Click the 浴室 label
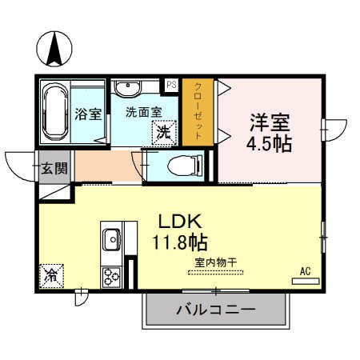[89, 113]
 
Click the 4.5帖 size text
[267, 145]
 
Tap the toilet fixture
[179, 166]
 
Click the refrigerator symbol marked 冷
[50, 275]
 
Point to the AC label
[305, 271]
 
